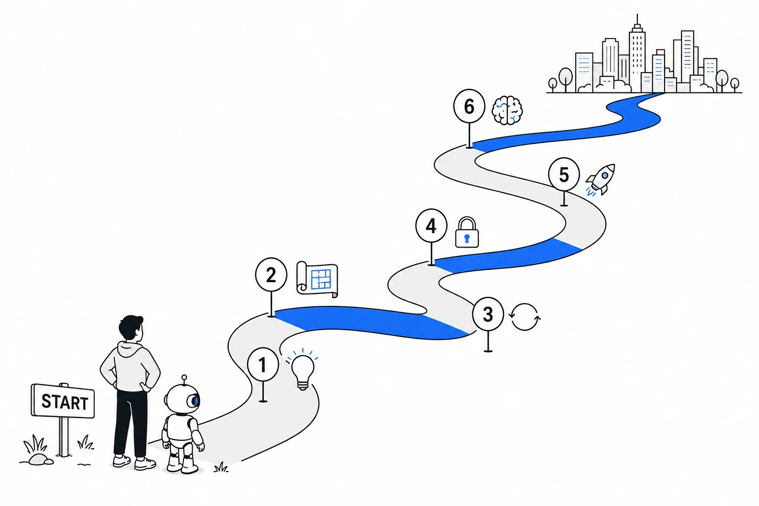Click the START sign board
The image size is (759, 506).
click(x=63, y=401)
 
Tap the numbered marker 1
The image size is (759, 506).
click(x=263, y=365)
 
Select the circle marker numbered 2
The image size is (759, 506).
click(x=271, y=275)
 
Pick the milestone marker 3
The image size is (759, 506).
click(x=488, y=314)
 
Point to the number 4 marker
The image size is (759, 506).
click(x=431, y=226)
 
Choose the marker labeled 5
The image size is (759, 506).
click(x=564, y=174)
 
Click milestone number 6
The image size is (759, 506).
click(x=469, y=106)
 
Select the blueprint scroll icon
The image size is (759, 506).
click(x=317, y=279)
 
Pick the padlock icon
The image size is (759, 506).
click(x=467, y=233)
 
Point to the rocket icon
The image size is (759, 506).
click(x=601, y=180)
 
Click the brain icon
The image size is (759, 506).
click(x=507, y=111)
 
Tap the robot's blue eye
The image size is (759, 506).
click(x=195, y=401)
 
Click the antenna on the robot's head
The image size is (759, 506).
click(x=184, y=380)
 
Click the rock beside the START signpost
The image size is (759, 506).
click(x=41, y=459)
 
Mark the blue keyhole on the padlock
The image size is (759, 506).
click(x=467, y=239)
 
